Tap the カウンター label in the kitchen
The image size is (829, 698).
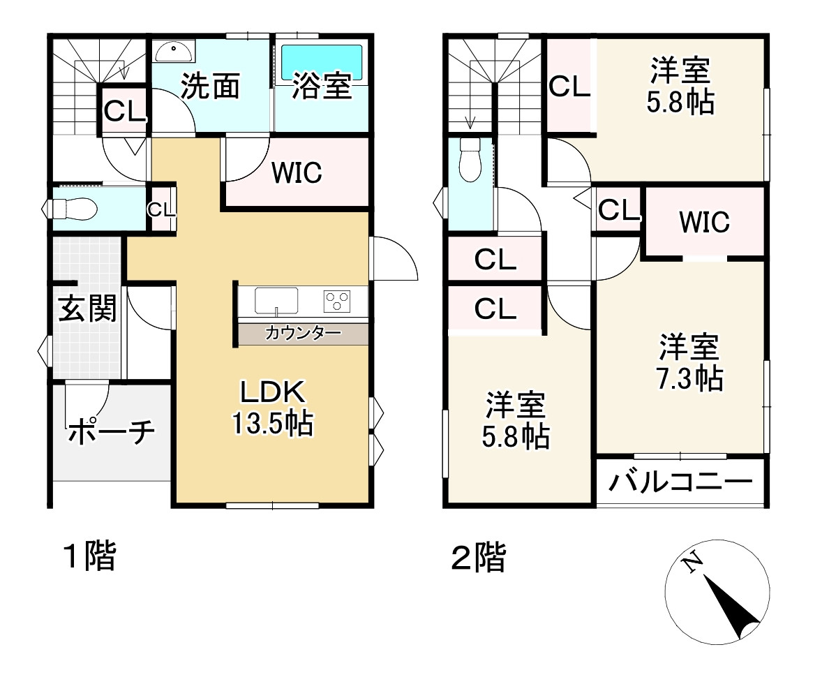pos(302,333)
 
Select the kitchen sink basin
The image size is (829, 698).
pos(276,301)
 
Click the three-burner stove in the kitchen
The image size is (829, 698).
pos(336,302)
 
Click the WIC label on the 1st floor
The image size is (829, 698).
pos(297,172)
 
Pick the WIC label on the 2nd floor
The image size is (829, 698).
pos(704,222)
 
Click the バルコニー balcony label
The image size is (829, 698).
pos(680,482)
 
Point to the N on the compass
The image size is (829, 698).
pos(692,563)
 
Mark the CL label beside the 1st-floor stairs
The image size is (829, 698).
pos(125,110)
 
